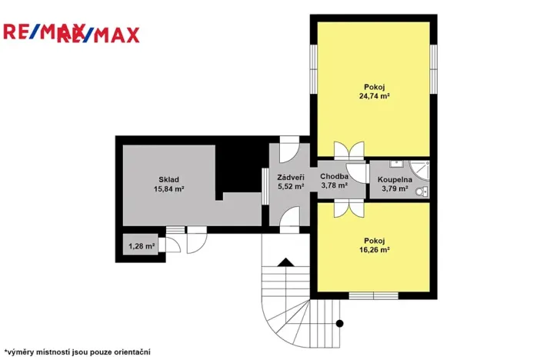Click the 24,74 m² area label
(x=373, y=97)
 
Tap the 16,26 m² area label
(x=373, y=250)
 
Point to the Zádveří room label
(x=290, y=177)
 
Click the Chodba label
(x=334, y=176)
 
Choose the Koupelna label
(x=395, y=179)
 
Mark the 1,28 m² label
(x=142, y=246)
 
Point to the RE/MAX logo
(x=72, y=33)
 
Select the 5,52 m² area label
(x=290, y=185)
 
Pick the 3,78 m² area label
(x=334, y=185)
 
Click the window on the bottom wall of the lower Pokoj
(x=373, y=295)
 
